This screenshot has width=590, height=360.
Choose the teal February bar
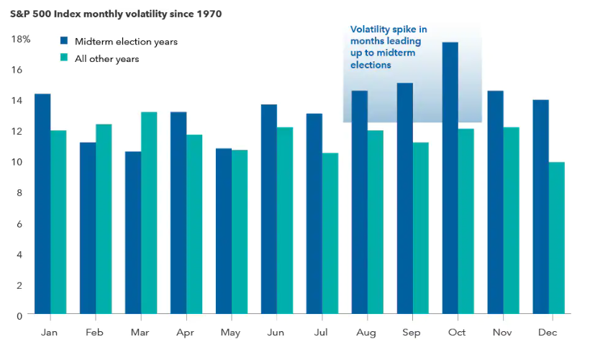pyautogui.click(x=104, y=219)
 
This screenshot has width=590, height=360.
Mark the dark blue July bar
pyautogui.click(x=314, y=213)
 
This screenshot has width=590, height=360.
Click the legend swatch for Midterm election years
pyautogui.click(x=64, y=41)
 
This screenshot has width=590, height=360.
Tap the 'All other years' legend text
pyautogui.click(x=106, y=58)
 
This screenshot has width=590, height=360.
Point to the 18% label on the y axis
pyautogui.click(x=21, y=39)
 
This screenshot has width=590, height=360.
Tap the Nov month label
pyautogui.click(x=501, y=332)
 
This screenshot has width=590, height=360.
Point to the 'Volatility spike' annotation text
pyautogui.click(x=389, y=47)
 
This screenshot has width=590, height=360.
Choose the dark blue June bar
pyautogui.click(x=268, y=209)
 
